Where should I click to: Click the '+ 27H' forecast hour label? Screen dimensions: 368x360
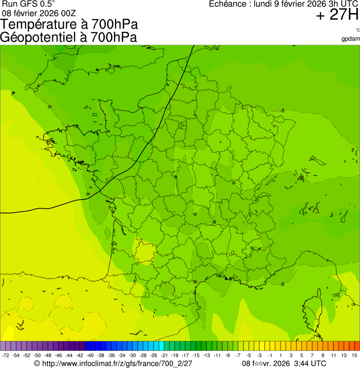(x=337, y=15)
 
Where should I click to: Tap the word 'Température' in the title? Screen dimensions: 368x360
(x=43, y=24)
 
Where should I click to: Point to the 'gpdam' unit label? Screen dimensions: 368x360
(x=351, y=38)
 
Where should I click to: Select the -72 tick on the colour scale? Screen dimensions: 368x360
(x=6, y=356)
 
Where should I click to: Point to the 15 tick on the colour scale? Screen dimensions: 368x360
(x=354, y=356)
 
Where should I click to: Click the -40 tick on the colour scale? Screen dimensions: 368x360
(x=90, y=356)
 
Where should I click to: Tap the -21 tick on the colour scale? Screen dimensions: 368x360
(x=164, y=356)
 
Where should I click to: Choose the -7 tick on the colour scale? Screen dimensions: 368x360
(x=238, y=356)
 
